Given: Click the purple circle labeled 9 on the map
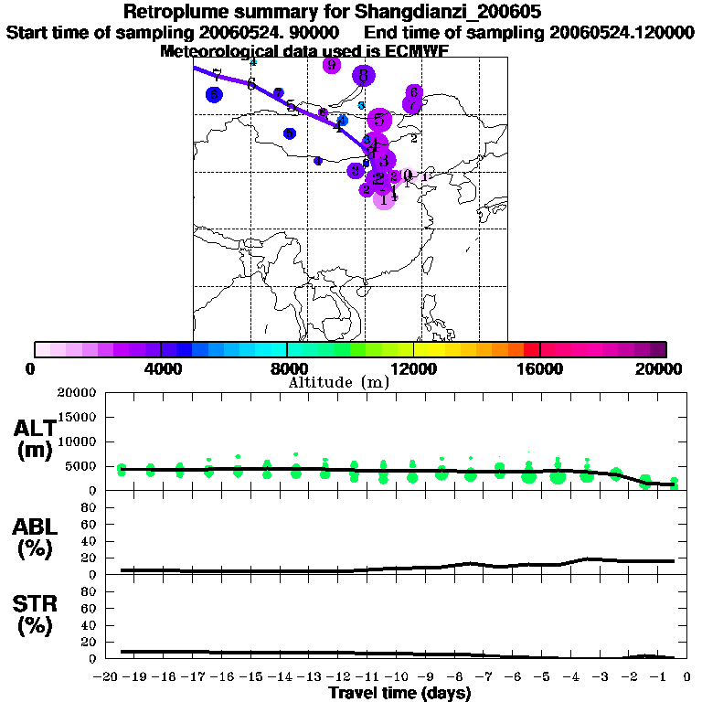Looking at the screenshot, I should [x=332, y=65].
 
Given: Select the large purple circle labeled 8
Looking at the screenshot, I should [x=364, y=76].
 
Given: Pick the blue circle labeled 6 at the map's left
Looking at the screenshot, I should [x=214, y=94].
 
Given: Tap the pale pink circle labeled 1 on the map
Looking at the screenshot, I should [x=385, y=199].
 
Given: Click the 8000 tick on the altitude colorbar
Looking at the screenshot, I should [x=287, y=368].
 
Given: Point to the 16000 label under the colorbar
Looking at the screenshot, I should [x=541, y=368].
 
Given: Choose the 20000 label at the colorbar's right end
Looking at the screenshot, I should [x=665, y=368].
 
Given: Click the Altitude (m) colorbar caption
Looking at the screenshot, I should [x=339, y=382].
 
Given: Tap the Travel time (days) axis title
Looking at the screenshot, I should [x=399, y=693].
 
